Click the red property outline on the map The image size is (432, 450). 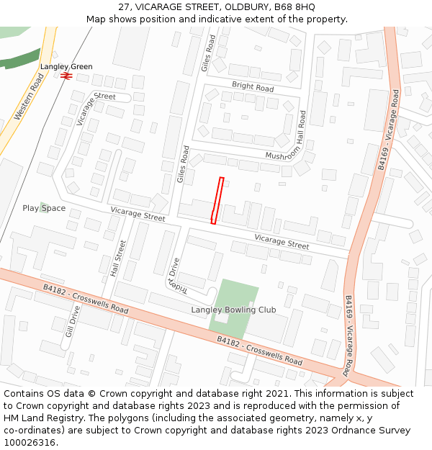pos(217,200)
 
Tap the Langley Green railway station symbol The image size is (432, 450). pos(66,75)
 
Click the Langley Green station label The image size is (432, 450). pos(66,66)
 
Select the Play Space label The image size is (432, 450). pos(44,208)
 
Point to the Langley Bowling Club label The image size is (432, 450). pos(233,310)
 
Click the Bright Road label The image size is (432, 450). pos(253,87)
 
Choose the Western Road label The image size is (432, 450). pos(29,96)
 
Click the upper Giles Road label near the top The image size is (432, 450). pos(208,53)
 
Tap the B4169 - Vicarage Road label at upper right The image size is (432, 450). pos(387,130)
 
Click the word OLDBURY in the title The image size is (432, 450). pos(233,6)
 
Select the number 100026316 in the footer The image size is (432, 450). pos(30,442)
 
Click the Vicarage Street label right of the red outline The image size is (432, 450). pos(282,242)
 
